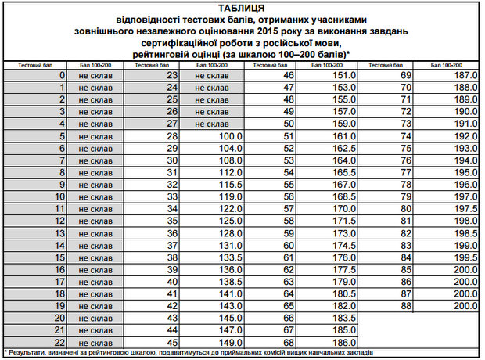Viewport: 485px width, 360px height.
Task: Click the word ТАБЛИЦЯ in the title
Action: point(242,8)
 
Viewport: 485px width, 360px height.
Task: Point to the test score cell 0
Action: point(62,75)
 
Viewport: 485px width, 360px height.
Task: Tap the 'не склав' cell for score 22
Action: point(95,341)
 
